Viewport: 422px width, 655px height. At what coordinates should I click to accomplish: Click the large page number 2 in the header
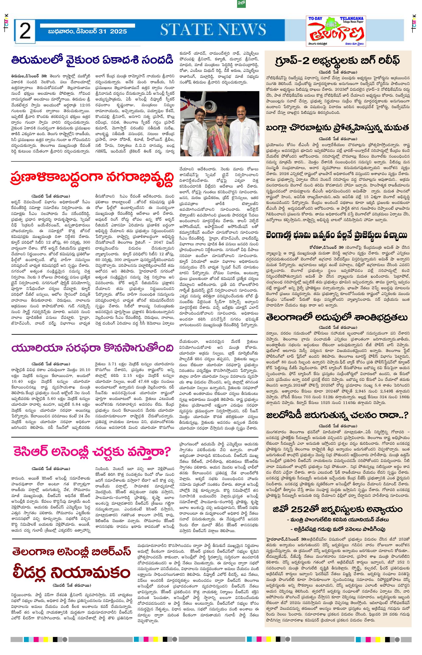pos(25,31)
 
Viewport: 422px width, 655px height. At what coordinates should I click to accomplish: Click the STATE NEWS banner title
pos(213,29)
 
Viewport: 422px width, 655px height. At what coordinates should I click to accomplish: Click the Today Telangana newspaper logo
pos(336,31)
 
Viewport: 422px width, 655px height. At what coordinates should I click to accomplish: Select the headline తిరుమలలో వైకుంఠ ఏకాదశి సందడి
pos(92,60)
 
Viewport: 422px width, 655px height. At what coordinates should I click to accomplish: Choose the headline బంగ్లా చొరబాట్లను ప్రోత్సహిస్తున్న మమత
pos(338,128)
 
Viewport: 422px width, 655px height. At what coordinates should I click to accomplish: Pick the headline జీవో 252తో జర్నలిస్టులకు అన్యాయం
pos(338,509)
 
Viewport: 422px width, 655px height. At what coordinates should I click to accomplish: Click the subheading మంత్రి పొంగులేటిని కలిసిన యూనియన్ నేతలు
pos(338,519)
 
